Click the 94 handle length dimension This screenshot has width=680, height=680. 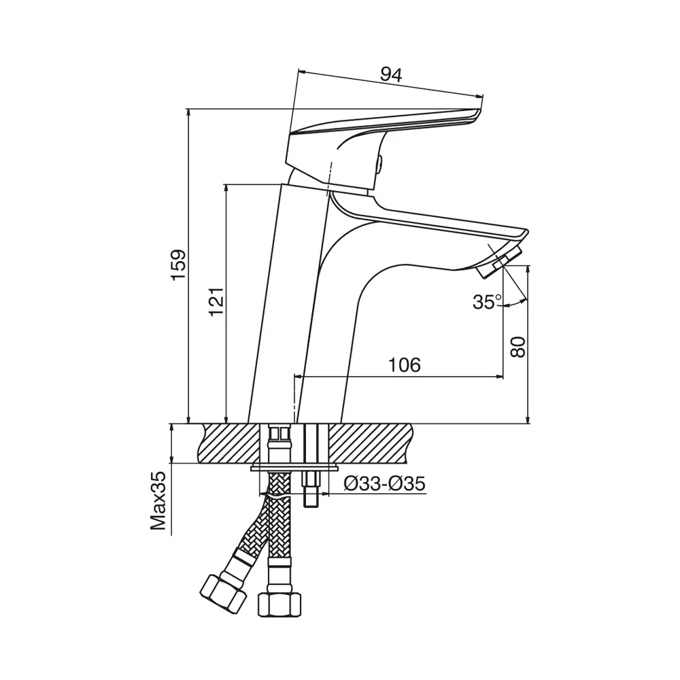click(x=391, y=75)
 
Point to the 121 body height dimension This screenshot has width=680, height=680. click(x=216, y=301)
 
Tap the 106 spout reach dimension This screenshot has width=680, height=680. click(x=404, y=365)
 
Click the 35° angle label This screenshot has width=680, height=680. click(x=487, y=301)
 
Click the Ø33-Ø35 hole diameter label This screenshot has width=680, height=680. click(x=384, y=483)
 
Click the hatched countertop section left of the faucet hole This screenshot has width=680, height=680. click(x=231, y=443)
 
